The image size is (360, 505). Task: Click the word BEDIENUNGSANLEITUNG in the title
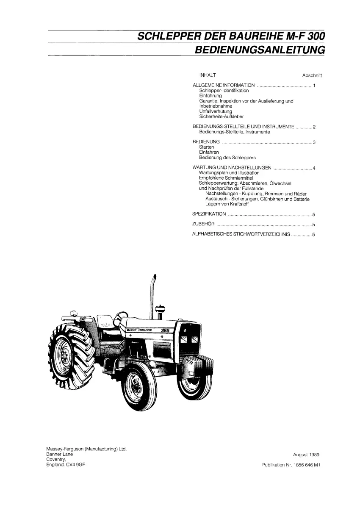click(260, 50)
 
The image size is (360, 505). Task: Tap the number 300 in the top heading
click(316, 36)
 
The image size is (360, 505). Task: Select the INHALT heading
click(208, 75)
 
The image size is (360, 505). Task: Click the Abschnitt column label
click(312, 76)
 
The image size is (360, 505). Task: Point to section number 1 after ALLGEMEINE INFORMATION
click(314, 86)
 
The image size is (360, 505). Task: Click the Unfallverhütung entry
click(216, 111)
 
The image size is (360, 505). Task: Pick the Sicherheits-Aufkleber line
click(222, 117)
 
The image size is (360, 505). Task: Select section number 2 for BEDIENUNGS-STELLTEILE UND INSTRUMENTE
click(314, 127)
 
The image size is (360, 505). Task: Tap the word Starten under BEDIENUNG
click(206, 147)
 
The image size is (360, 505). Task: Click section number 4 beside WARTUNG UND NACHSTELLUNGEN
click(314, 168)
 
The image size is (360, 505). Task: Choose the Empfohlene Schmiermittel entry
click(226, 178)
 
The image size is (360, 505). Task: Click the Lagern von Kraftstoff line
click(227, 204)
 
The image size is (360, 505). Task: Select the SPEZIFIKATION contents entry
click(209, 214)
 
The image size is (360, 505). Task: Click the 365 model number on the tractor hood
click(165, 330)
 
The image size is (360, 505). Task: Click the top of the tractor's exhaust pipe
click(155, 277)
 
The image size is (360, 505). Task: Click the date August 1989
click(306, 455)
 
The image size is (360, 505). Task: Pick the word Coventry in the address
click(56, 459)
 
